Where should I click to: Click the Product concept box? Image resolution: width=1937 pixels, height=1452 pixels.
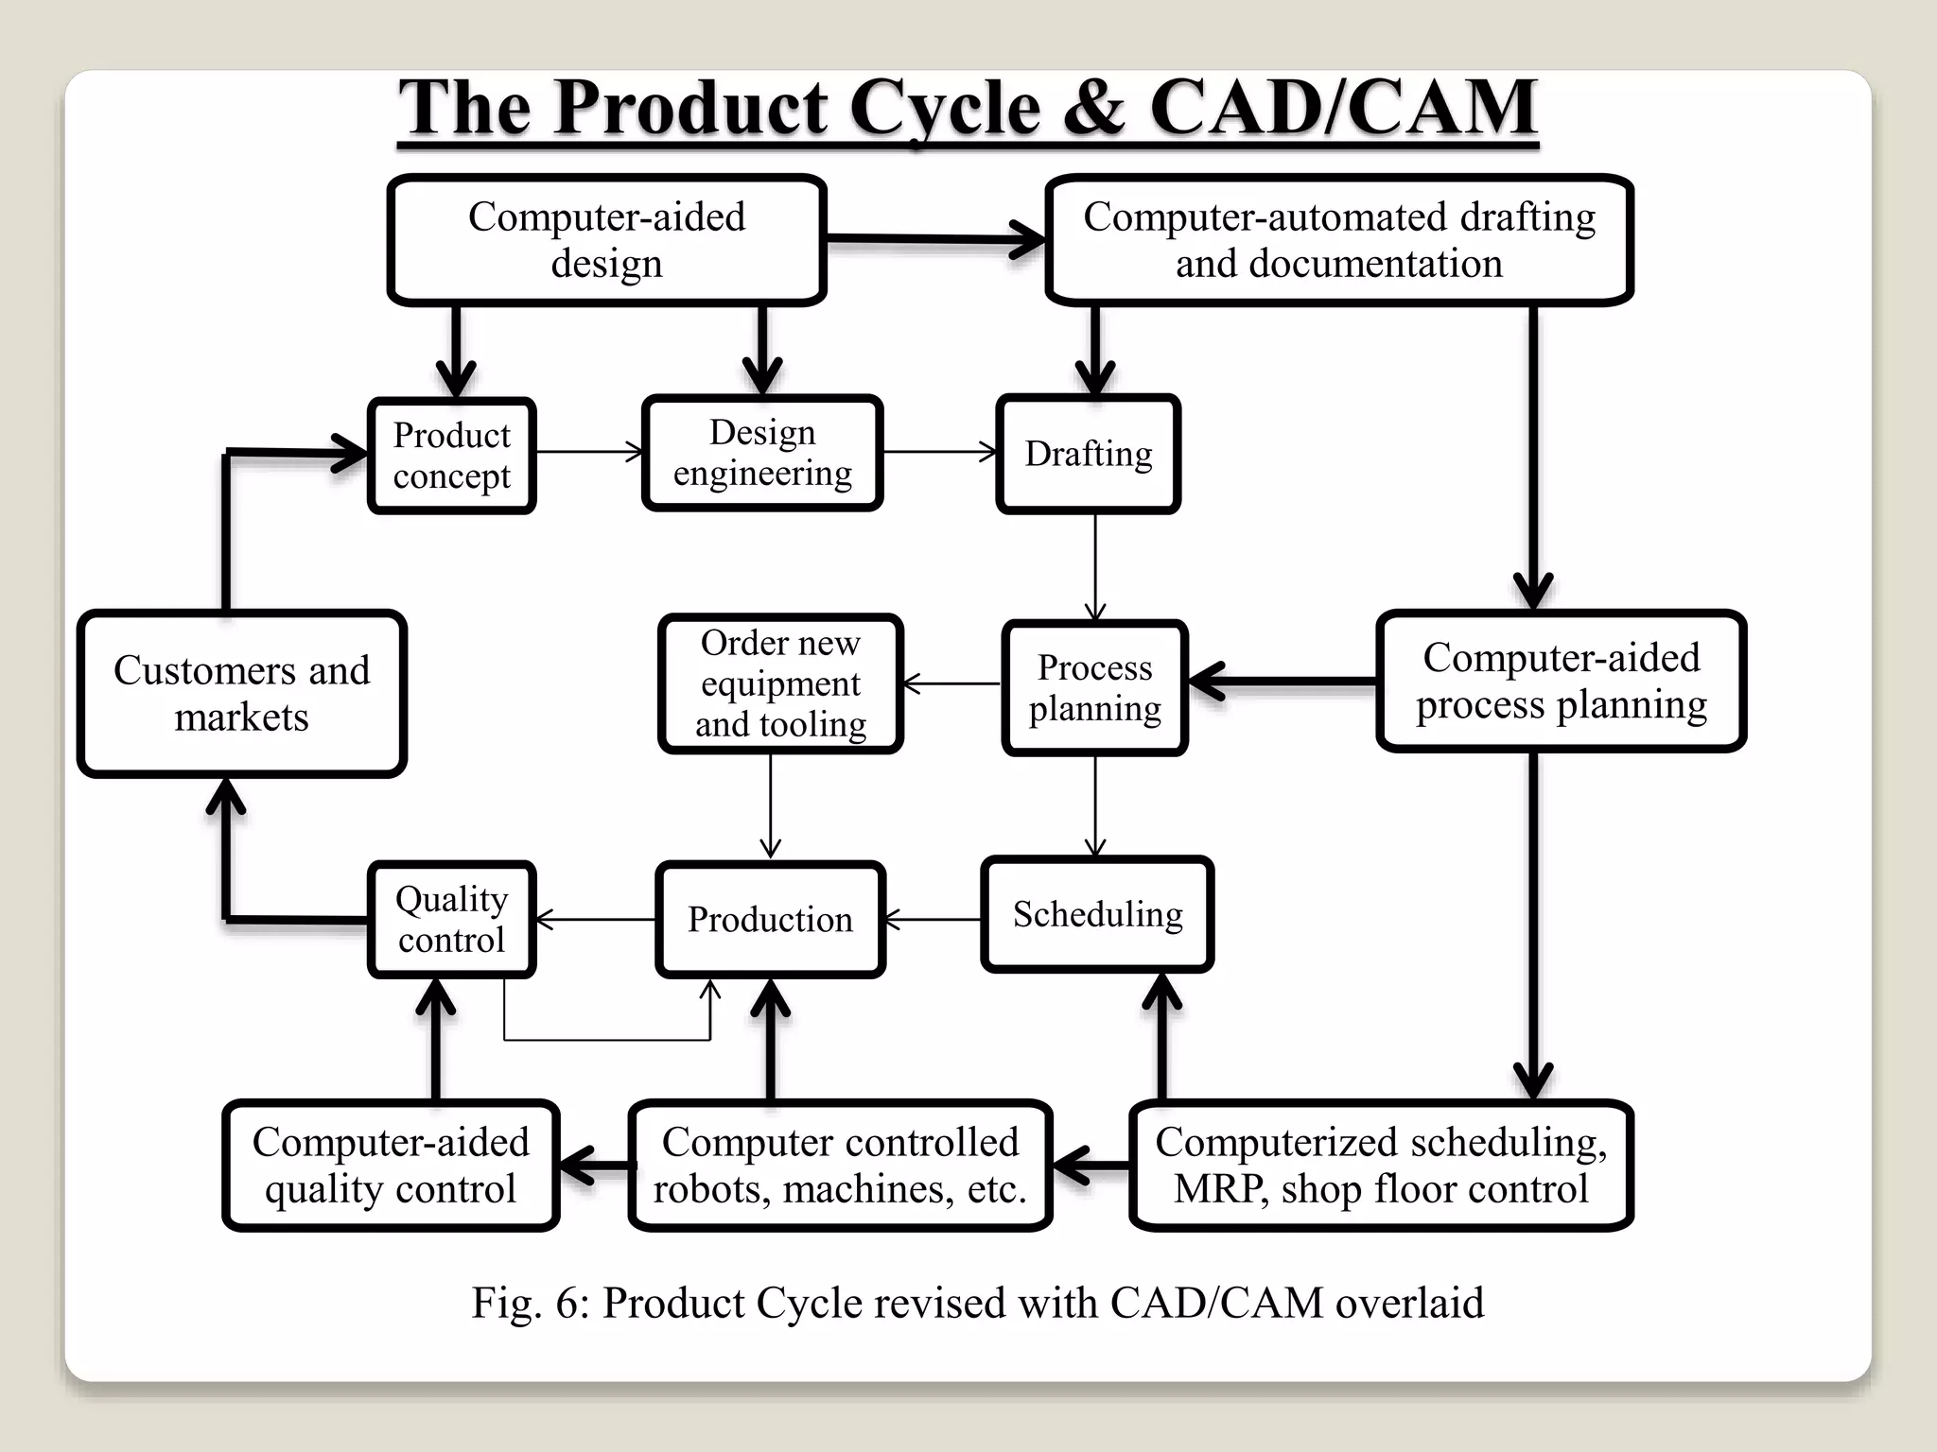[452, 456]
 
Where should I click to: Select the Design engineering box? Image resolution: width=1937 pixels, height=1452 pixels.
[762, 453]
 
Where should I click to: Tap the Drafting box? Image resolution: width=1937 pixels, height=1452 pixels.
[1088, 455]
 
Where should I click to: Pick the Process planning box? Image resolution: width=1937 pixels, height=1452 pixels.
[1094, 688]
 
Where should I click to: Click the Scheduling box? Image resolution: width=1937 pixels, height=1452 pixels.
[1097, 914]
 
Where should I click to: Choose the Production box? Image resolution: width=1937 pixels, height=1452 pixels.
[770, 919]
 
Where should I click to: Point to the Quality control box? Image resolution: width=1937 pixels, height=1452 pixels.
[452, 919]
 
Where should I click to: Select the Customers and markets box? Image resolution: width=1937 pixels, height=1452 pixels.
[242, 694]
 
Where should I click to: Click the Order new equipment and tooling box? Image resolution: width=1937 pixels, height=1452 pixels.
[780, 683]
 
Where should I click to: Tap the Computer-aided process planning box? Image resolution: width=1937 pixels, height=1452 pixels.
[1561, 681]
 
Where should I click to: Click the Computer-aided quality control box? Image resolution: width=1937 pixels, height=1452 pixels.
[391, 1165]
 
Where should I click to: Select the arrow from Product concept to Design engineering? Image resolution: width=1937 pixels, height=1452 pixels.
[588, 452]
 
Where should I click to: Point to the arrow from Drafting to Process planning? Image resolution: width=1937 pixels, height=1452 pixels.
[1095, 567]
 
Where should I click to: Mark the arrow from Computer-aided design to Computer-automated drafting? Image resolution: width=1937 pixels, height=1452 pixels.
[934, 239]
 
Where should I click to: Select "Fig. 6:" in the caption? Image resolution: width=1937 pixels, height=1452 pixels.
[530, 1303]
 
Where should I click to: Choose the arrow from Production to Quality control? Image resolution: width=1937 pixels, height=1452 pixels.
[596, 919]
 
